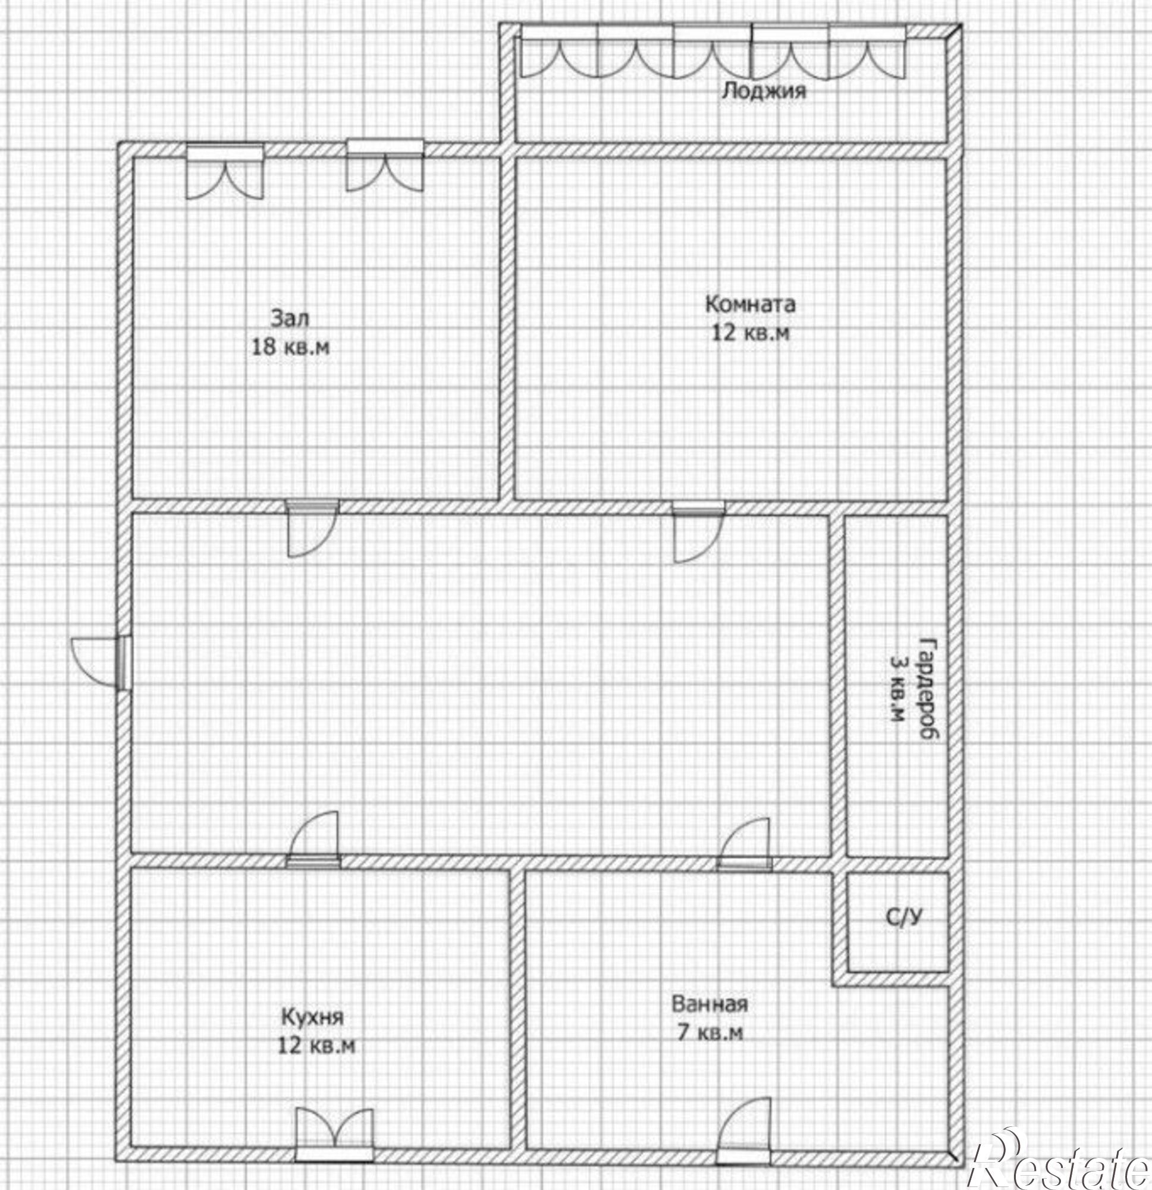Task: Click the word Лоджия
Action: (x=764, y=91)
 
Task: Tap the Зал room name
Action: (x=290, y=318)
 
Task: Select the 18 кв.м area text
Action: (x=291, y=347)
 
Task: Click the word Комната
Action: (x=749, y=303)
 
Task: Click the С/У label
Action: (x=905, y=918)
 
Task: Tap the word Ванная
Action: (x=710, y=1004)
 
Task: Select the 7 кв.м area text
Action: (x=710, y=1032)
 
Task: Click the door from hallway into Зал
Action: (x=313, y=529)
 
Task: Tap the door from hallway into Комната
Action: (x=699, y=533)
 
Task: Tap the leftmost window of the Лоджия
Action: (x=560, y=51)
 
